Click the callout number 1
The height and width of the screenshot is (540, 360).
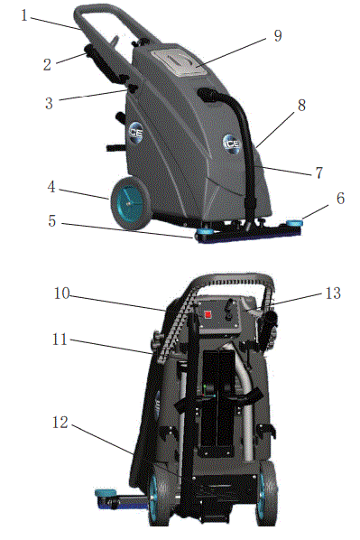[24, 15]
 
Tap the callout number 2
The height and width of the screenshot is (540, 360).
[47, 65]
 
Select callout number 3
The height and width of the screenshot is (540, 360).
[50, 103]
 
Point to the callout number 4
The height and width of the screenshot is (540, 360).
[51, 187]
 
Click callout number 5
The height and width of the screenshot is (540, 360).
[52, 221]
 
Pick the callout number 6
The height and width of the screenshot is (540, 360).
[340, 199]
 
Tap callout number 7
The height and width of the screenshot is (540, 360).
[319, 172]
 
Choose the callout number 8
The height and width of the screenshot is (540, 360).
[301, 106]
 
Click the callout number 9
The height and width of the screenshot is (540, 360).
[278, 36]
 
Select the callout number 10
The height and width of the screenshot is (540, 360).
[62, 293]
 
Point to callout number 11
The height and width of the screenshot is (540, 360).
[60, 340]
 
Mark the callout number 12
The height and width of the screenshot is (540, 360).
[60, 423]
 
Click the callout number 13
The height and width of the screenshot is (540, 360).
[333, 293]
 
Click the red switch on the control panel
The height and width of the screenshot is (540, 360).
[208, 315]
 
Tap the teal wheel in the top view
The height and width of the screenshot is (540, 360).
[131, 204]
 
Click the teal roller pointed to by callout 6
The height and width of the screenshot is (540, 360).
[294, 223]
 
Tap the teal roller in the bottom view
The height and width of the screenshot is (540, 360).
[105, 492]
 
